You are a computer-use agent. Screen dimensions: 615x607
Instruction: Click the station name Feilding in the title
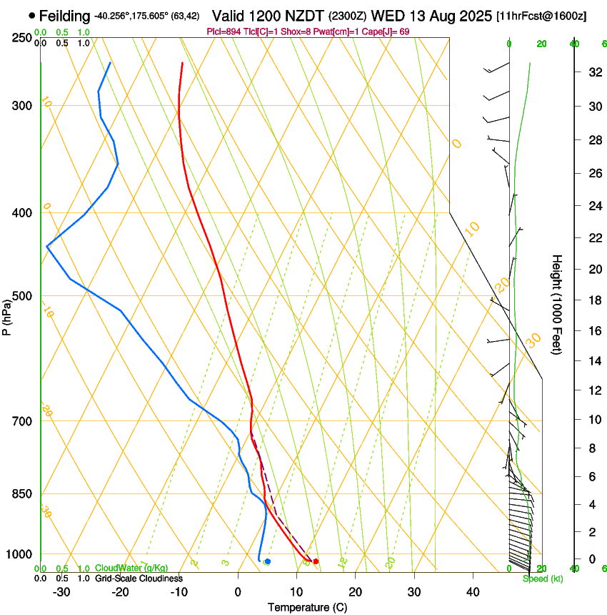point(65,16)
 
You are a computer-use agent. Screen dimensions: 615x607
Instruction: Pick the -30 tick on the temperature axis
point(61,592)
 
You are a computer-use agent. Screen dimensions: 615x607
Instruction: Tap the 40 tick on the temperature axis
point(473,592)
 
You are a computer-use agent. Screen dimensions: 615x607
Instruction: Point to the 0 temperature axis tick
point(238,592)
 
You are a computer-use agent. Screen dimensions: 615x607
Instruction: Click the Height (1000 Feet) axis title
point(557,305)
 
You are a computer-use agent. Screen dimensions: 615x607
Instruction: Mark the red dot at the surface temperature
point(316,561)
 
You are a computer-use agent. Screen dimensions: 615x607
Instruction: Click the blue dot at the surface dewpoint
point(267,561)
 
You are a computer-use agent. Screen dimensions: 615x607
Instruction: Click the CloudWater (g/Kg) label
point(131,569)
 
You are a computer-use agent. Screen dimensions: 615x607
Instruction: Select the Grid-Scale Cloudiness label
point(139,579)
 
